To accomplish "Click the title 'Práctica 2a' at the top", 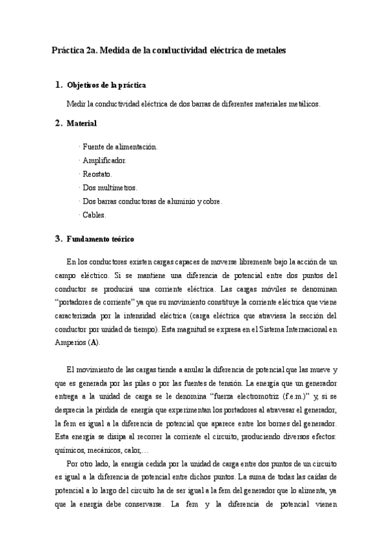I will [x=73, y=50].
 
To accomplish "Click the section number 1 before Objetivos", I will [x=58, y=85].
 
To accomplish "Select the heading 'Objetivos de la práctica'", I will [x=106, y=85].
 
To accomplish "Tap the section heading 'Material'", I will [x=82, y=123].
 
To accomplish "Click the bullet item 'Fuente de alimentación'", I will [x=119, y=146].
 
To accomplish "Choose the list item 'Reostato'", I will [x=97, y=174].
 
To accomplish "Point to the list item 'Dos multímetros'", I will [x=109, y=187].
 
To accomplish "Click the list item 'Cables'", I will [x=94, y=214].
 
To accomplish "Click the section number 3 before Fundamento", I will [x=58, y=239].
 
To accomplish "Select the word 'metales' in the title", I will [x=272, y=50].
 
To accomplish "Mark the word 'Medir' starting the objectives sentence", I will [x=76, y=104].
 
